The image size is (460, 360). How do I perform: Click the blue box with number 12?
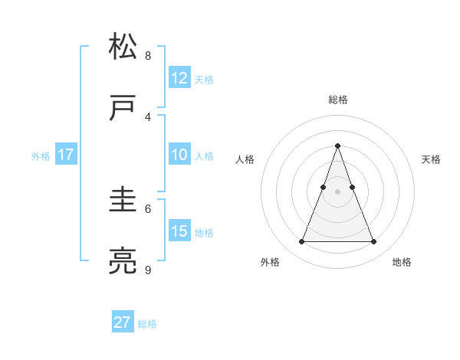pyautogui.click(x=179, y=78)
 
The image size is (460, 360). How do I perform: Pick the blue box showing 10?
pyautogui.click(x=179, y=155)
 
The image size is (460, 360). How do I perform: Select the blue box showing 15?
pyautogui.click(x=179, y=231)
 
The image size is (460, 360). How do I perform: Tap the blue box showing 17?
pyautogui.click(x=66, y=155)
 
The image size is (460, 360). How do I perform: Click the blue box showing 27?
pyautogui.click(x=123, y=322)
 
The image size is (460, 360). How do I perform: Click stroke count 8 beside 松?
pyautogui.click(x=148, y=55)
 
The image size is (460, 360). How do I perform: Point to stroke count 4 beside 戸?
pyautogui.click(x=148, y=116)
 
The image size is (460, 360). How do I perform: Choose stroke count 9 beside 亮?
pyautogui.click(x=148, y=270)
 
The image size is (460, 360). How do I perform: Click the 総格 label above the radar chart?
pyautogui.click(x=337, y=100)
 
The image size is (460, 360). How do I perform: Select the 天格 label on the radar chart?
pyautogui.click(x=431, y=159)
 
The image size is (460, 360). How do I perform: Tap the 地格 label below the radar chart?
pyautogui.click(x=402, y=263)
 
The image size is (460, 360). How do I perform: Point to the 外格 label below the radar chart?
pyautogui.click(x=270, y=263)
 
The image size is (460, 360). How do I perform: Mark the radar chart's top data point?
pyautogui.click(x=337, y=146)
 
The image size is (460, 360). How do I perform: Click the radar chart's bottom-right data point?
pyautogui.click(x=373, y=242)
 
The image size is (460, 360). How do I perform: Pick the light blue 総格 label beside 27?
pyautogui.click(x=147, y=324)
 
